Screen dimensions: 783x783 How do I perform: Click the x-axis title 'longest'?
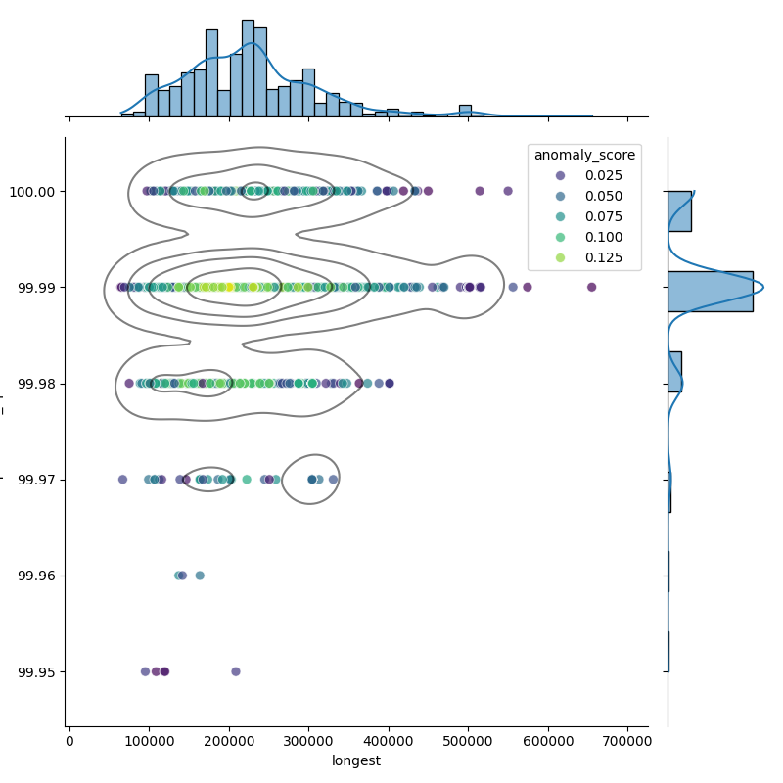[x=356, y=760]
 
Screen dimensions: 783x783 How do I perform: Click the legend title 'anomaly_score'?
[x=584, y=155]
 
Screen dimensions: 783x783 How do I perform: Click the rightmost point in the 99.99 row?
[x=591, y=287]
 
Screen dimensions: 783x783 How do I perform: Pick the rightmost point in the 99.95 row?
[x=235, y=671]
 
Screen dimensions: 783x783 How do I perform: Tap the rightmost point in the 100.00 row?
[x=508, y=191]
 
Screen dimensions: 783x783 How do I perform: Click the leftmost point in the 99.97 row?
[x=122, y=480]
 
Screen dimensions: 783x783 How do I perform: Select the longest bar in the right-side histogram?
[x=710, y=291]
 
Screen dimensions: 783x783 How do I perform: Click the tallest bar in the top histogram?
[x=248, y=68]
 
